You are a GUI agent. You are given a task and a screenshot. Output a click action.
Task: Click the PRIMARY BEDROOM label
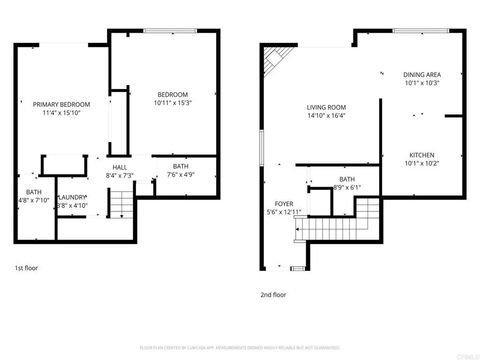click(62, 105)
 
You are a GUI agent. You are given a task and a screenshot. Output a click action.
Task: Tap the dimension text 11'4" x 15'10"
click(62, 114)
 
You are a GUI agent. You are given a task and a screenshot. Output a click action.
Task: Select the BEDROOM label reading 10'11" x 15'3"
click(172, 95)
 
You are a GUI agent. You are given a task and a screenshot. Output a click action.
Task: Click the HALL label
click(119, 167)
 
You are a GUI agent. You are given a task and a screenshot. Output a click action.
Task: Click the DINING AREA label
click(422, 74)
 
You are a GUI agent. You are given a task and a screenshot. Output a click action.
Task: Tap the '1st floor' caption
click(26, 268)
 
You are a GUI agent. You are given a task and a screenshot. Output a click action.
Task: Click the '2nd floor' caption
click(273, 295)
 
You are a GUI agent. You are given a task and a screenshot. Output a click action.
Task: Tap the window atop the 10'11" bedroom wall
click(164, 31)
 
